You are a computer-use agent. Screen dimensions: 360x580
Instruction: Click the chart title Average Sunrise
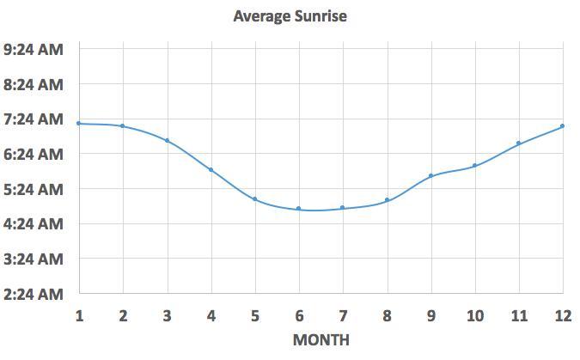(x=290, y=15)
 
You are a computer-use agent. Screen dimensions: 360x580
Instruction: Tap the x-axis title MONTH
(x=321, y=339)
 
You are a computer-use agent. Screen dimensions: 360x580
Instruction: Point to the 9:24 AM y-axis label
(x=34, y=50)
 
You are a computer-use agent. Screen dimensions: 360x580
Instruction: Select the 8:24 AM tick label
(x=34, y=85)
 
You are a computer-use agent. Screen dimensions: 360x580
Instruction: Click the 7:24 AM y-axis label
(x=34, y=119)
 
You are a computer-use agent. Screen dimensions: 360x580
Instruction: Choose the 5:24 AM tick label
(x=34, y=189)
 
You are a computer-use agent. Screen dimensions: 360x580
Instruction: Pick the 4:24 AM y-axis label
(x=34, y=224)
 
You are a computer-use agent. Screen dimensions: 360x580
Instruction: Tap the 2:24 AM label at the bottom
(x=34, y=294)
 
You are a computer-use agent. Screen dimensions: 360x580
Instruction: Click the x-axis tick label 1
(x=79, y=315)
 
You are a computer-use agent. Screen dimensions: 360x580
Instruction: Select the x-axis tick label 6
(x=299, y=315)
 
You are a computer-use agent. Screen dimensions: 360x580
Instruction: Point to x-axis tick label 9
(x=430, y=315)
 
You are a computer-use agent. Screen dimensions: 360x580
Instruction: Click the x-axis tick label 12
(x=562, y=315)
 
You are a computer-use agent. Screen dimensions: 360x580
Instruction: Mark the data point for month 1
(x=79, y=124)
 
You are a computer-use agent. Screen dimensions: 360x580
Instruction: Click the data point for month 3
(x=167, y=141)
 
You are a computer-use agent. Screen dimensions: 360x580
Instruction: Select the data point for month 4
(x=211, y=170)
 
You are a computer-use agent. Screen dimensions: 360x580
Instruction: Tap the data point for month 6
(x=299, y=209)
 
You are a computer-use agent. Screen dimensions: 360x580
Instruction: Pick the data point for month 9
(x=430, y=176)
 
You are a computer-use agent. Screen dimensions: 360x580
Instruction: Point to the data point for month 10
(x=474, y=166)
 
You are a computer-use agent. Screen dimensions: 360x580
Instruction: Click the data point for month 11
(x=518, y=143)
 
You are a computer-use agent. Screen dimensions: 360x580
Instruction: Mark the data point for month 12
(x=562, y=126)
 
